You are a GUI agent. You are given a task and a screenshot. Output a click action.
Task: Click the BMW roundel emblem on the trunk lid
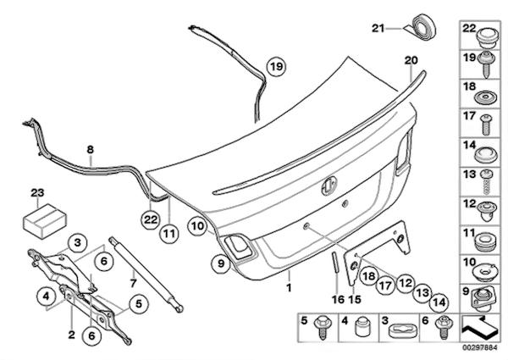(329, 189)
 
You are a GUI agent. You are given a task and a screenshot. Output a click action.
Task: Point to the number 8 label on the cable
(90, 149)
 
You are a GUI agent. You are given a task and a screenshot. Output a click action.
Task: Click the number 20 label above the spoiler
(411, 61)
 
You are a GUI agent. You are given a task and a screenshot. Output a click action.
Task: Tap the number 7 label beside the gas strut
(132, 280)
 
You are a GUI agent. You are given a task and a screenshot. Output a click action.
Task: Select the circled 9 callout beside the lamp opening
(218, 263)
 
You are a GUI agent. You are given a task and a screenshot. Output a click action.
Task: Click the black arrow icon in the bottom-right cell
(478, 324)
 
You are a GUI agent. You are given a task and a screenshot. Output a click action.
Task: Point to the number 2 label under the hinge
(73, 323)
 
